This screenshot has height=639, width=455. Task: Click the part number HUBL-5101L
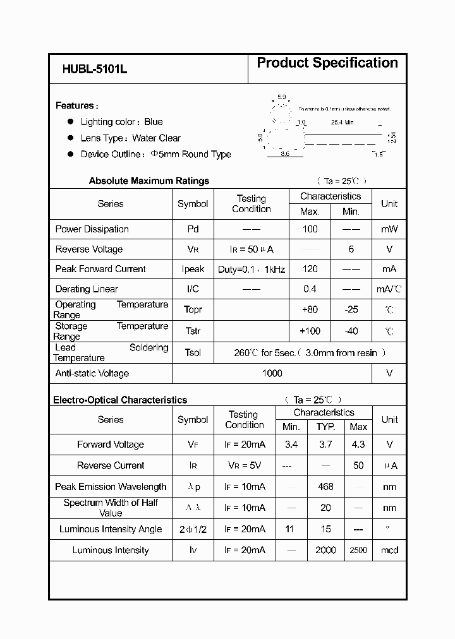95,70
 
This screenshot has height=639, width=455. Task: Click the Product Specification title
327,63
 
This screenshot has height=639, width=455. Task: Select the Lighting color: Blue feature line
121,122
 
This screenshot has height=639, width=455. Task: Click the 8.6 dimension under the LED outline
284,154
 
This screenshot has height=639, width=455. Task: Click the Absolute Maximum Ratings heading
149,181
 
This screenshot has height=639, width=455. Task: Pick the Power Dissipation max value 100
310,229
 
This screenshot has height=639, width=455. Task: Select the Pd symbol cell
193,229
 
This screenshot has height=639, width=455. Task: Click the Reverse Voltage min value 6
351,249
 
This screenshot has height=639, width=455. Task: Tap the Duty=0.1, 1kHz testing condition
252,269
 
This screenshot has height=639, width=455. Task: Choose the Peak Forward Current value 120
310,269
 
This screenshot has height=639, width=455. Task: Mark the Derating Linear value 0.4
310,289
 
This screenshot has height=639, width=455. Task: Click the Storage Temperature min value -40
351,331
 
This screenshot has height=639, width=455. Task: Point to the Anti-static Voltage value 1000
272,373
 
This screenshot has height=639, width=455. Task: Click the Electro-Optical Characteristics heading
120,400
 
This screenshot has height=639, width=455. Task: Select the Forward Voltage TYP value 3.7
325,445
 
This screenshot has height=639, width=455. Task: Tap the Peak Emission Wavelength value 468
325,487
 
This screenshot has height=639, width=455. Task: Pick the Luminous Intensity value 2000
325,550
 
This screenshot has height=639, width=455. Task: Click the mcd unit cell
390,550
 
